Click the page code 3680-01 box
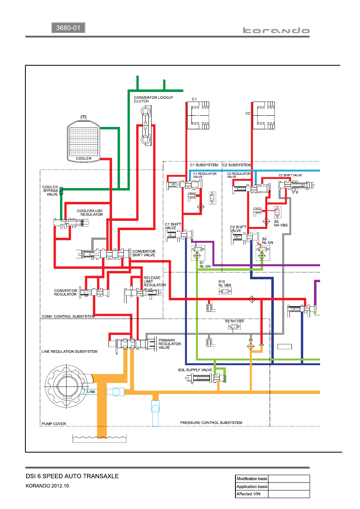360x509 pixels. [68, 28]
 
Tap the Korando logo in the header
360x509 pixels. [276, 30]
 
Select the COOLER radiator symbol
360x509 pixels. [83, 139]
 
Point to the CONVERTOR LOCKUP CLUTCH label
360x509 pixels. [153, 99]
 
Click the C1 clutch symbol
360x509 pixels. [198, 115]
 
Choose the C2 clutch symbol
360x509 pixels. [264, 115]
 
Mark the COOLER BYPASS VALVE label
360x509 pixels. [50, 191]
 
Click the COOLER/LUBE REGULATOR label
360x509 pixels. [90, 213]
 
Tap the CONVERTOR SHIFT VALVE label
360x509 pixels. [144, 253]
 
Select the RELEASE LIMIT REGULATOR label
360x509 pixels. [154, 281]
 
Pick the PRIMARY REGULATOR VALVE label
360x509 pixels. [170, 344]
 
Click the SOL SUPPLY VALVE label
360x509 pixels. [195, 370]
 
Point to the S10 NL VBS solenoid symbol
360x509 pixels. [225, 291]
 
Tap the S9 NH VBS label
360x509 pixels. [234, 321]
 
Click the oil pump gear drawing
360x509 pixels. [67, 386]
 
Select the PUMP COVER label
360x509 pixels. [54, 424]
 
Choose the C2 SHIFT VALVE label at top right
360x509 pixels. [290, 175]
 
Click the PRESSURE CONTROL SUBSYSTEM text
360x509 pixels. [211, 423]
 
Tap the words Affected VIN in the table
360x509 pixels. [248, 494]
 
